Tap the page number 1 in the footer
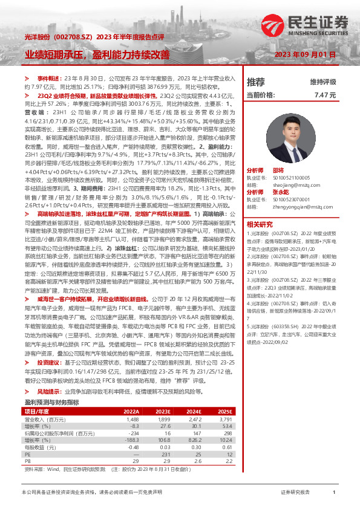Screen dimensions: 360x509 (x=334, y=493)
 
